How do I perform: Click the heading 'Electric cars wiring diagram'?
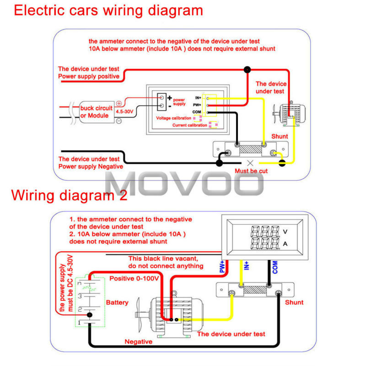tap(108, 11)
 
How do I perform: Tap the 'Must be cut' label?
tap(251, 171)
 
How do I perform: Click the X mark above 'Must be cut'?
tap(250, 162)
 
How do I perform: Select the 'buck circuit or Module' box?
tap(96, 112)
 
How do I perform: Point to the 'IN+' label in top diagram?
tap(198, 98)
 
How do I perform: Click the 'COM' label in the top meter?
tap(197, 112)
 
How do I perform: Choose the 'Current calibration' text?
tap(189, 125)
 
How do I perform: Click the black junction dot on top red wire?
tap(248, 70)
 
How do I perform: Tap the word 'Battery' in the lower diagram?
tap(117, 302)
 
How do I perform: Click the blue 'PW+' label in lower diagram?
tap(222, 267)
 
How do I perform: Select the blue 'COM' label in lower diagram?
tap(275, 267)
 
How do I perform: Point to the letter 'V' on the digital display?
tap(285, 231)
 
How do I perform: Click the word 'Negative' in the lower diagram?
tap(140, 341)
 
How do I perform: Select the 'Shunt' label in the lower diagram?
tap(294, 302)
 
